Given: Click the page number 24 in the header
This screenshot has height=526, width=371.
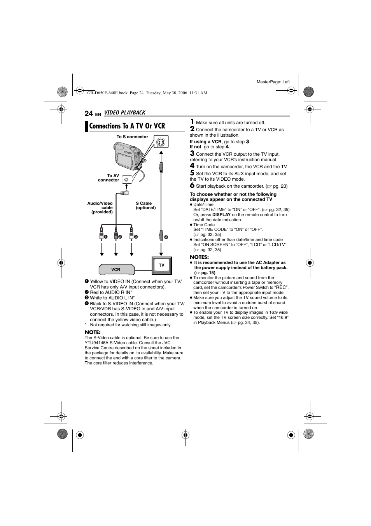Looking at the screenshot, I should pos(89,113).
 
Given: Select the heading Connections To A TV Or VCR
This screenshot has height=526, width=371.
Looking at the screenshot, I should pos(127,126).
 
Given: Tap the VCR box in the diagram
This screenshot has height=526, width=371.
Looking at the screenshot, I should pos(116,269).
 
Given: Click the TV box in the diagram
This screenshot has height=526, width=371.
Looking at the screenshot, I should pos(161,265).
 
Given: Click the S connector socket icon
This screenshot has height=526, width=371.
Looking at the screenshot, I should pos(160,142).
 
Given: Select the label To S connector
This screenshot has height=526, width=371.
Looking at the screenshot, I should pos(132,137).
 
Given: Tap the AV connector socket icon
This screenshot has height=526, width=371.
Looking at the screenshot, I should pos(126,179).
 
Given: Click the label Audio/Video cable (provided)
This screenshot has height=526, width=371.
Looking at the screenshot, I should pos(100,208).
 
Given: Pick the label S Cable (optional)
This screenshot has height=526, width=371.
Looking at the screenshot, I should pos(145,206).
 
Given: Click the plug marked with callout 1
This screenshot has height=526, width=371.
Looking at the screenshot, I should pos(101,236).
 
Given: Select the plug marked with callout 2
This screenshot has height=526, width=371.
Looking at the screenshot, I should pos(116,236).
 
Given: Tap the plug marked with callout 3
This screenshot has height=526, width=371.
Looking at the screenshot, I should pos(131,236).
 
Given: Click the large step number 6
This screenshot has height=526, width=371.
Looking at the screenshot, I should pos(192,186).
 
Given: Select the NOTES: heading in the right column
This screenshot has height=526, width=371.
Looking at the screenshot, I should pos(199,257).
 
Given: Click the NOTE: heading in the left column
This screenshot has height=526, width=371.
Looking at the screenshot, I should pos(93,332).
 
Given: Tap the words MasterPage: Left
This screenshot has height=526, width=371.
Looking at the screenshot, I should pos(273,82).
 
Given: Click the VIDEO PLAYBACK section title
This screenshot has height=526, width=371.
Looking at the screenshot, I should pos(124,113).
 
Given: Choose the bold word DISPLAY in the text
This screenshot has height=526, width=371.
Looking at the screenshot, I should pos(221,215).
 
